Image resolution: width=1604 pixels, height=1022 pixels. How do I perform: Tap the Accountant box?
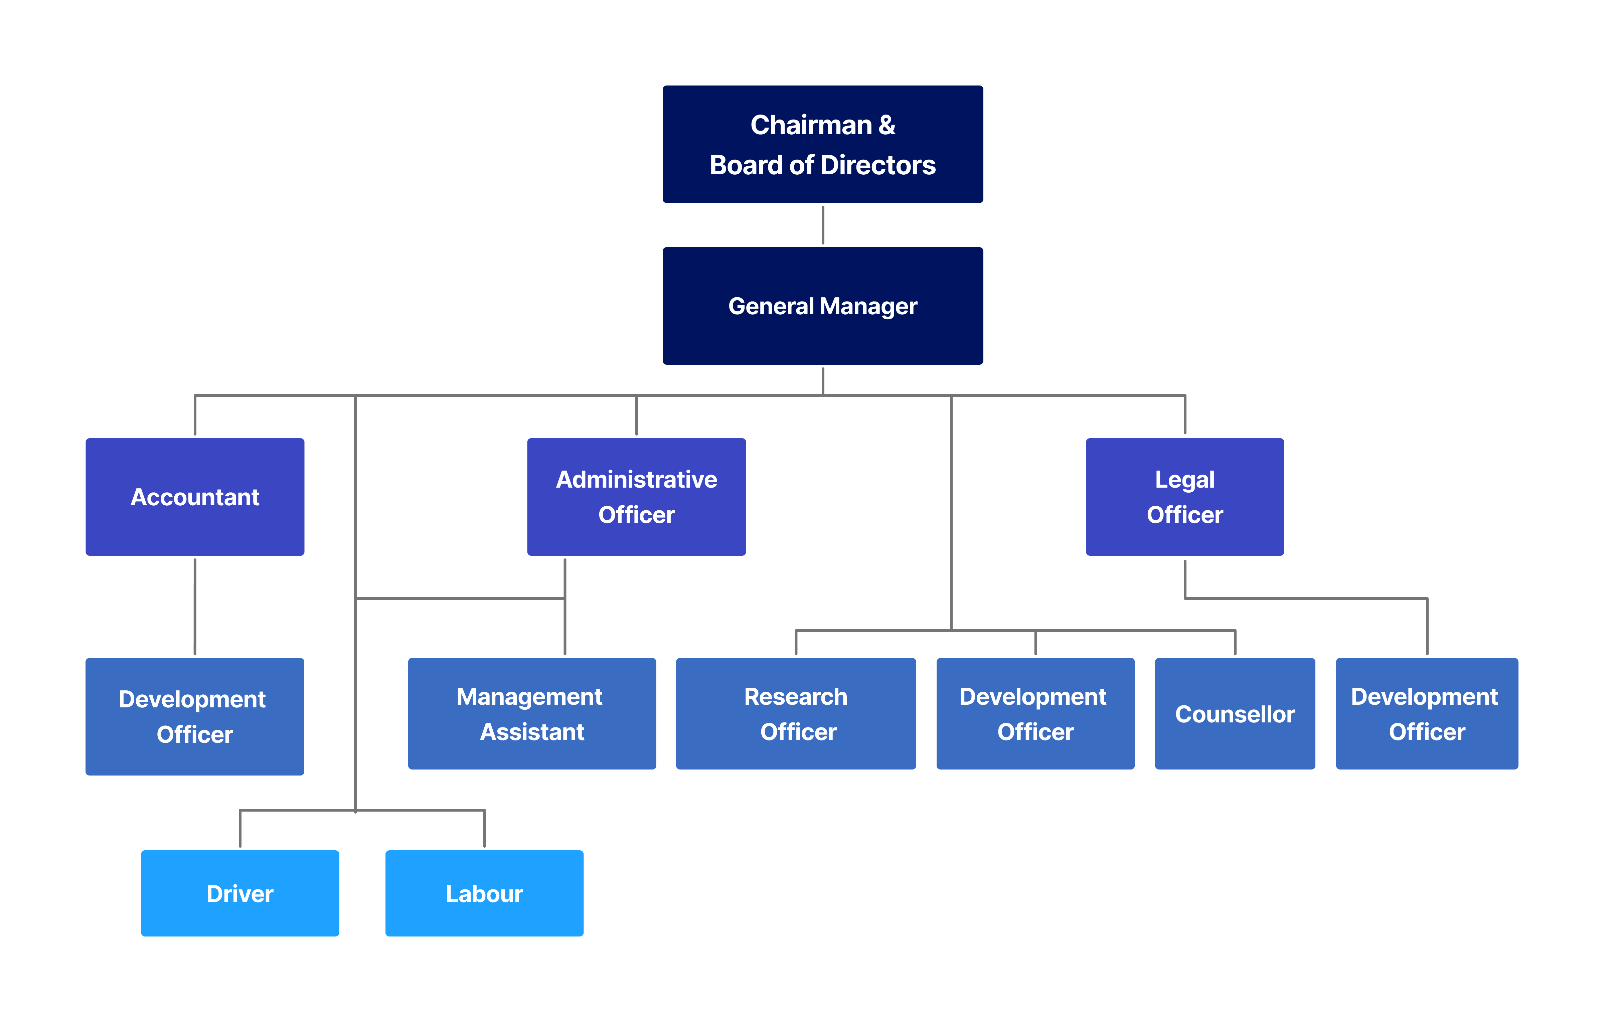click(194, 497)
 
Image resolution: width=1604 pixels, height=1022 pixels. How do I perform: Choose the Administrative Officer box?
click(636, 497)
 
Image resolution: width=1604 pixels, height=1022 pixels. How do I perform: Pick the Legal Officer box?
click(1184, 497)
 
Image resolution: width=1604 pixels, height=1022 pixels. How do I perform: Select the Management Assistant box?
click(531, 713)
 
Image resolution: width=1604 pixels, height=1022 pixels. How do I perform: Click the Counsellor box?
click(1234, 713)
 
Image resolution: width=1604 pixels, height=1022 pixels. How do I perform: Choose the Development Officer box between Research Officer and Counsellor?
click(1035, 713)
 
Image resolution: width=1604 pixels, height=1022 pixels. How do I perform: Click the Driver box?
click(240, 893)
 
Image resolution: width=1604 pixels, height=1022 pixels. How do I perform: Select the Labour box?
click(484, 893)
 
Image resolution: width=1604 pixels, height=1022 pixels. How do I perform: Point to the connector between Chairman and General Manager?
click(823, 225)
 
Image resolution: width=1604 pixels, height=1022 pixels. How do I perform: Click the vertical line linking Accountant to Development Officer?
click(194, 606)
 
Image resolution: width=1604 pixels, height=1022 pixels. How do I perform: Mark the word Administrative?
click(636, 480)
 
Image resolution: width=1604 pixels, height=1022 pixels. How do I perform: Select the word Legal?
click(1184, 480)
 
